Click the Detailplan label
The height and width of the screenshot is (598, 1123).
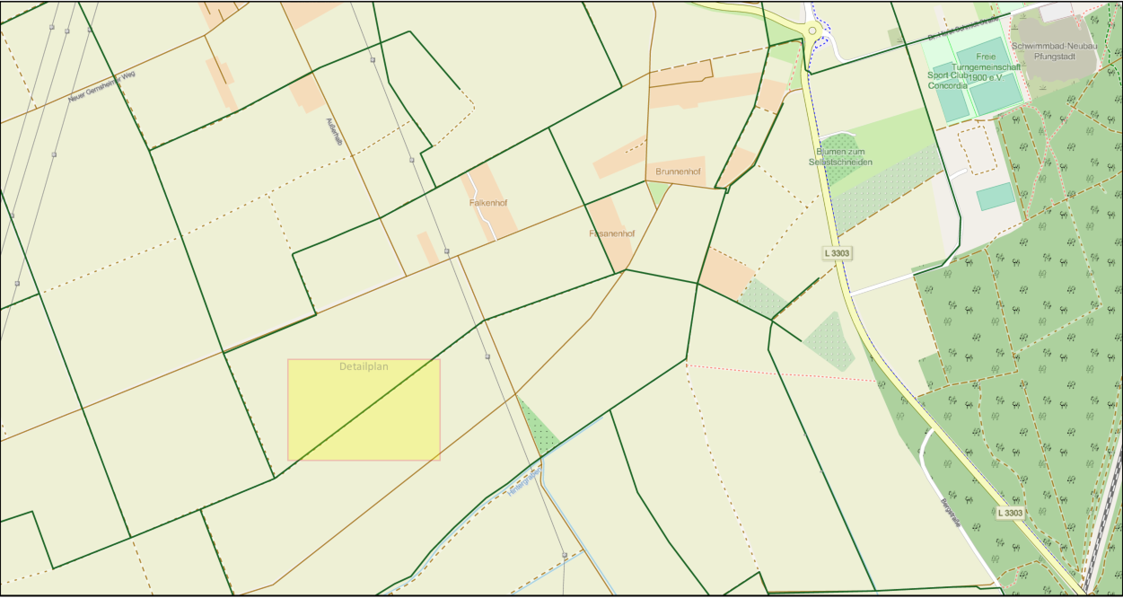(364, 366)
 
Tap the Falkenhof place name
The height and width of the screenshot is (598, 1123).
(488, 203)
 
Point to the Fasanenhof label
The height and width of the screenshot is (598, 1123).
(611, 233)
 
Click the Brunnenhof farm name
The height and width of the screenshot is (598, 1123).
(678, 171)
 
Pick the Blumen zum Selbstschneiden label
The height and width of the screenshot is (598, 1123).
(840, 156)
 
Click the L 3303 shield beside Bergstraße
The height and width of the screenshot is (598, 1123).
(1010, 513)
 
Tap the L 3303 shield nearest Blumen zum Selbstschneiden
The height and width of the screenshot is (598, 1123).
(836, 253)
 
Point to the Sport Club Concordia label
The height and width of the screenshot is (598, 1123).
(948, 81)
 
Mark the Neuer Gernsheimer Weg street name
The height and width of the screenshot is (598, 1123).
(101, 86)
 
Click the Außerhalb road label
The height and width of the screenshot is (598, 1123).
(333, 135)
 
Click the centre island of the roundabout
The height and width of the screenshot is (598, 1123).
(812, 31)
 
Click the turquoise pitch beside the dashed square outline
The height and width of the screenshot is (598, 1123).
(996, 196)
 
